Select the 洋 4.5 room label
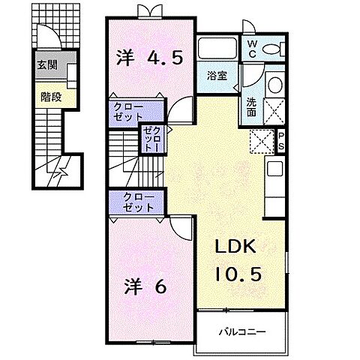click(149, 58)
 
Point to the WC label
click(251, 49)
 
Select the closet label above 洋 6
click(134, 202)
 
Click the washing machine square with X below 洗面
click(263, 140)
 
